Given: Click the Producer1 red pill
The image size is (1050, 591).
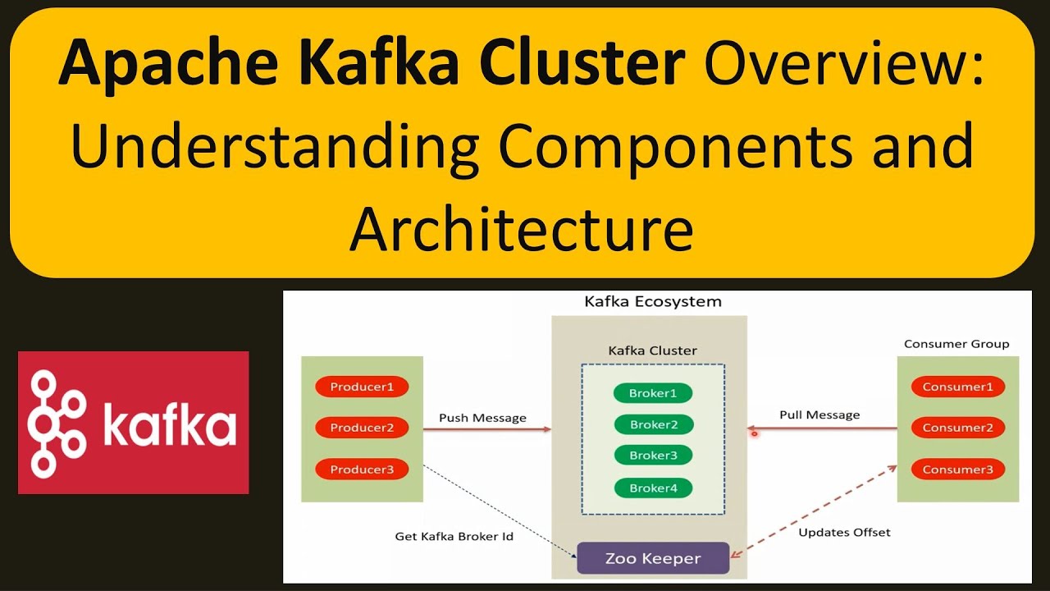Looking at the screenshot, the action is (x=362, y=387).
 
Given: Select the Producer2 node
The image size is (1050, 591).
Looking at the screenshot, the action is (x=362, y=428).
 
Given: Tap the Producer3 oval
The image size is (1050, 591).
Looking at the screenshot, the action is (x=362, y=470).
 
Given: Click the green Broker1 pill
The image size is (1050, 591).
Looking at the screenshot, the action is (x=653, y=393).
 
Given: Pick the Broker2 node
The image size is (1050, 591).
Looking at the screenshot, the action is (x=654, y=424).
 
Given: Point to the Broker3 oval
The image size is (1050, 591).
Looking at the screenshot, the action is (x=654, y=455).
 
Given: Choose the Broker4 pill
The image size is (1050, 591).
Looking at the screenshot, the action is (x=654, y=488).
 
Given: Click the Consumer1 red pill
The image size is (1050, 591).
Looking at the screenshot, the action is (x=957, y=387).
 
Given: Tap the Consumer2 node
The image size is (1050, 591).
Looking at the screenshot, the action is (x=957, y=428).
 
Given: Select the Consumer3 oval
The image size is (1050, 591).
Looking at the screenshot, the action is (x=957, y=470).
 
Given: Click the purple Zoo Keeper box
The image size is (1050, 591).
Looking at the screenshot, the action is (x=653, y=558).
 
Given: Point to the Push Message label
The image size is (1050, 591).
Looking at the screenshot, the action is (x=482, y=418).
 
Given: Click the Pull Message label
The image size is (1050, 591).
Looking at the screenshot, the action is (x=819, y=415).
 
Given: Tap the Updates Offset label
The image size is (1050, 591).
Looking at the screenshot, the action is (x=844, y=533).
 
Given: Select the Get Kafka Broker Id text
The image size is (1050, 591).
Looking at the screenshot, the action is (x=454, y=537).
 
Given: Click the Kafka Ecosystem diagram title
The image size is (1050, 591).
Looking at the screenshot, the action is (x=653, y=301).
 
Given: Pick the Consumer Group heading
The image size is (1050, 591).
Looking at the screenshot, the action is (x=956, y=344).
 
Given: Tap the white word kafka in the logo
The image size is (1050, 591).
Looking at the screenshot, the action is (x=170, y=423).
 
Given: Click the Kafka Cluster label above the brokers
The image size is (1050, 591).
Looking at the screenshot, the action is (x=652, y=350).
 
